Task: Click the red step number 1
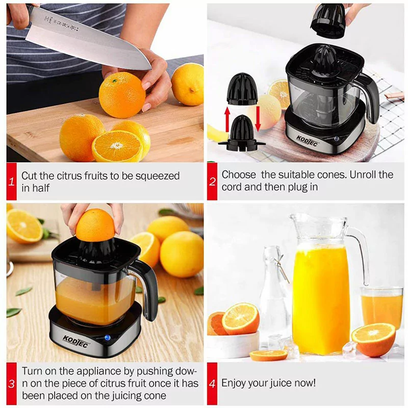coord(11,182)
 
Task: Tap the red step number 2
coord(212,182)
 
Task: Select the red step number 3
coord(11,384)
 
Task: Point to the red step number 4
coord(212,384)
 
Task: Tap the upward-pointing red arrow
coord(227,119)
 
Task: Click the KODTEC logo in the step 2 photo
coord(307,141)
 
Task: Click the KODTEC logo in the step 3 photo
coord(76,340)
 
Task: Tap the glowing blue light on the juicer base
coord(107,338)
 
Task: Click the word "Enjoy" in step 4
coord(233,384)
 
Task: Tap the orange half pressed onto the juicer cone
coord(95,225)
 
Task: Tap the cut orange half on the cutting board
coord(117,146)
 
